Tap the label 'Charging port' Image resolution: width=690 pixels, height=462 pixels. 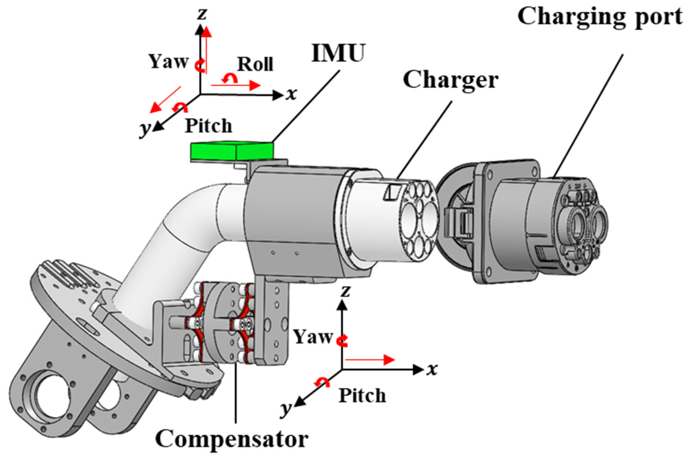600,17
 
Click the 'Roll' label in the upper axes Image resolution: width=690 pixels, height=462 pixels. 255,65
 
